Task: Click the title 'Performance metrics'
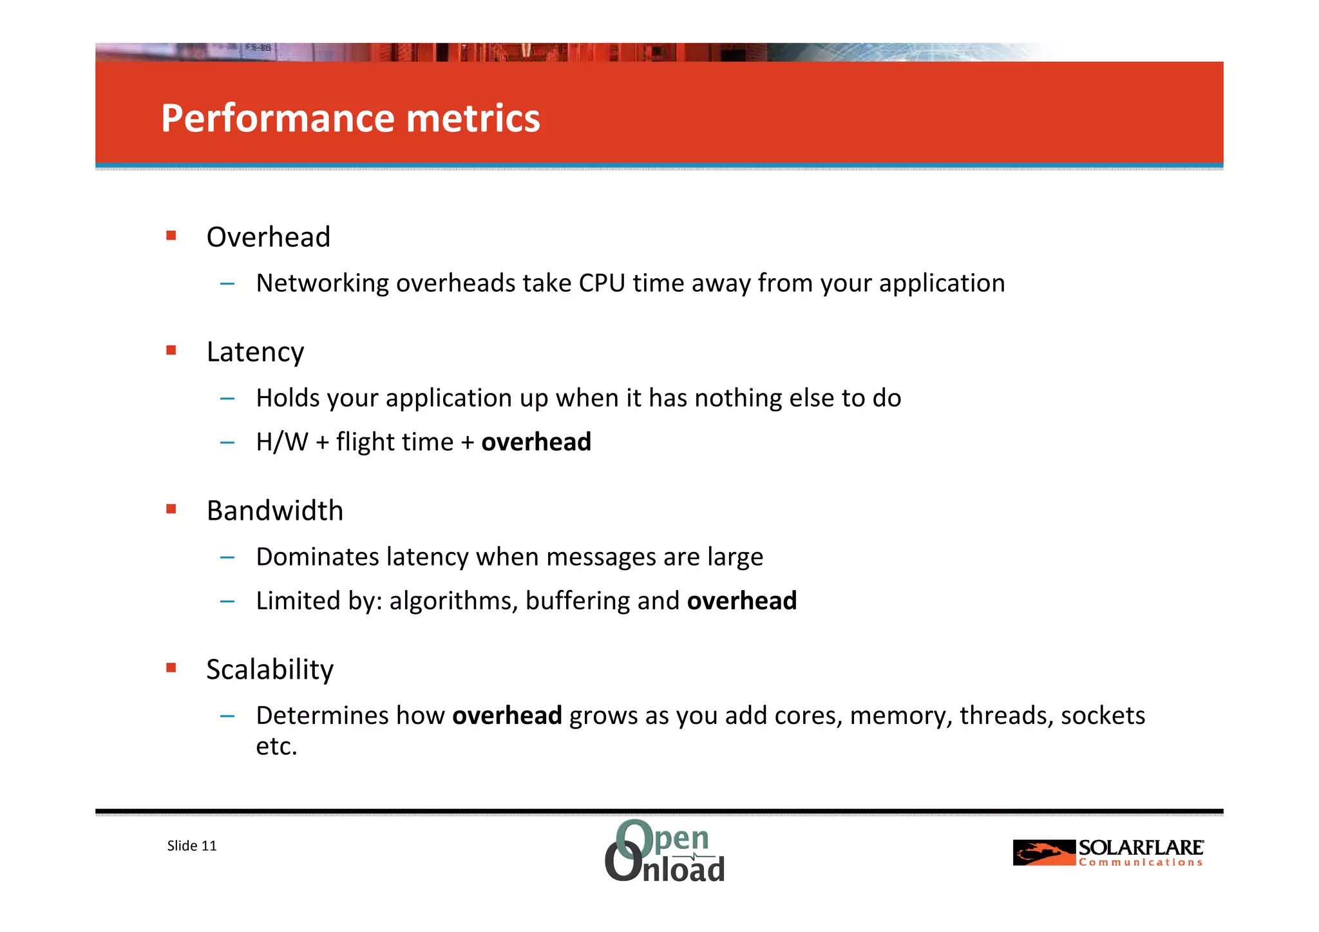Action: (350, 119)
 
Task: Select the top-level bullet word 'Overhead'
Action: (268, 237)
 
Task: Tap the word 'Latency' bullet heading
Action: (255, 352)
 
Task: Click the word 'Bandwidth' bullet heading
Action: (274, 511)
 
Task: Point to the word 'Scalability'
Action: (270, 670)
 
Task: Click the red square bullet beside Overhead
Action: (171, 236)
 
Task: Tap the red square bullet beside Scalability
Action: (171, 668)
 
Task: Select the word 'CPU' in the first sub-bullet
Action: (602, 283)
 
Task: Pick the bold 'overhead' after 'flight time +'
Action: (536, 442)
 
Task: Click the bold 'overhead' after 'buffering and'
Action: (742, 601)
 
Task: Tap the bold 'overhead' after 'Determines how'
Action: (507, 716)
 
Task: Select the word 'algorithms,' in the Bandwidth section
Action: (453, 601)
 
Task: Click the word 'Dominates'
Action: (318, 557)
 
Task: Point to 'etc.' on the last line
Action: (276, 747)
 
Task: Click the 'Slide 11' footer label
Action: (192, 846)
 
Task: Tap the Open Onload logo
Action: (665, 851)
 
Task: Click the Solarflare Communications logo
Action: (1108, 853)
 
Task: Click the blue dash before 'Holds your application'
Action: (227, 399)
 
